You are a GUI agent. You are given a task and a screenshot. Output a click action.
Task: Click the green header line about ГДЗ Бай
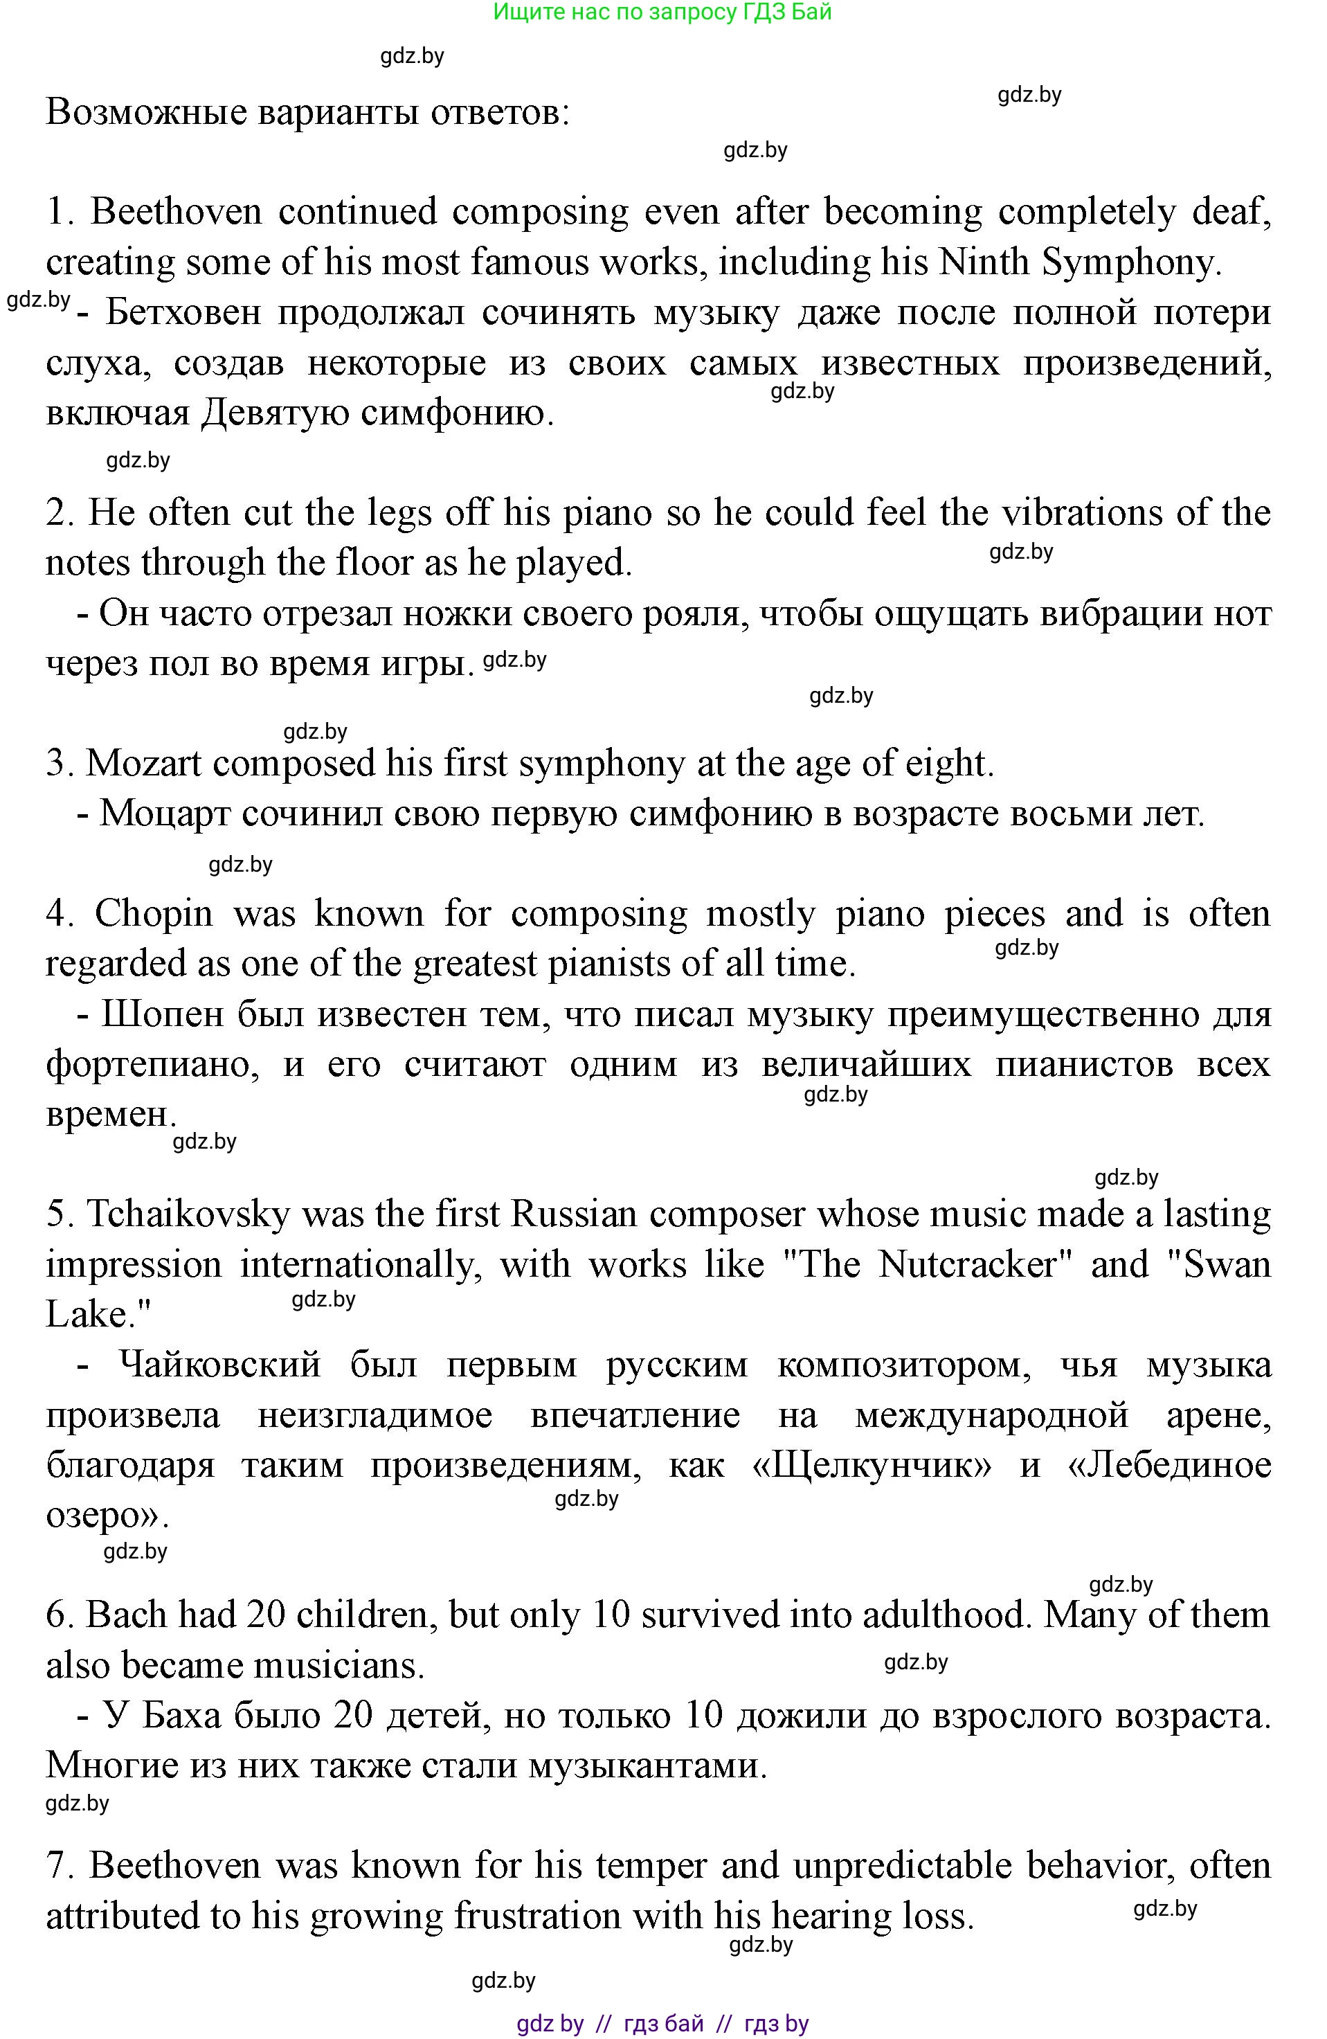tap(662, 12)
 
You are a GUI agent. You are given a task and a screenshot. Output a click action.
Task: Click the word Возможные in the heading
tap(147, 112)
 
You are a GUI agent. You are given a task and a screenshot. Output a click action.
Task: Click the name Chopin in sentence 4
tap(154, 914)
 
